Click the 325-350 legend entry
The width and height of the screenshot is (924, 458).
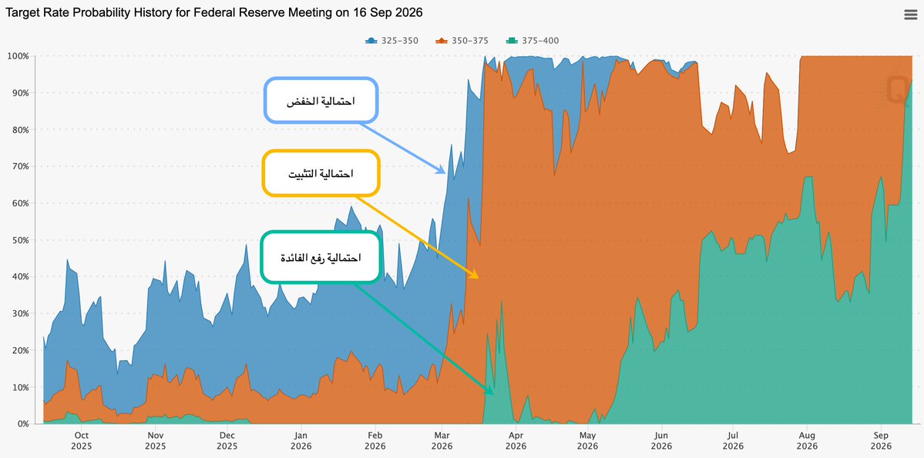click(x=392, y=41)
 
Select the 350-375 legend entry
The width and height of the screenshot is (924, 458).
click(x=462, y=41)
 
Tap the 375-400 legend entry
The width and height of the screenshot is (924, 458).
click(x=532, y=41)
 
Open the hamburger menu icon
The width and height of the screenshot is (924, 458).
click(x=910, y=15)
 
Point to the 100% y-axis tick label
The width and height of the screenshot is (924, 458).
click(x=18, y=56)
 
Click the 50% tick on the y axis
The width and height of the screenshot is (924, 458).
click(x=21, y=239)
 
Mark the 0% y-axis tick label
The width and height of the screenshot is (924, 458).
click(x=23, y=424)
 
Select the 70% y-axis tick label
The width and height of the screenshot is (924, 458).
click(x=21, y=166)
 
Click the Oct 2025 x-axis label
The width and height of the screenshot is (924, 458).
click(x=81, y=441)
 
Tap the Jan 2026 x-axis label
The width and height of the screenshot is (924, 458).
click(x=301, y=441)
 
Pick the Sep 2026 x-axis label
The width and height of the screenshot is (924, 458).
click(x=881, y=441)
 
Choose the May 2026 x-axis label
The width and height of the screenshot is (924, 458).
click(x=587, y=441)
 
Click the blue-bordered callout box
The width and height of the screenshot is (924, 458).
click(x=320, y=101)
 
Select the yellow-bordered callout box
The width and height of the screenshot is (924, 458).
click(x=321, y=173)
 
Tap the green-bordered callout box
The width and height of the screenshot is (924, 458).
click(x=321, y=257)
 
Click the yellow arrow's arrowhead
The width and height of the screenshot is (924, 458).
click(x=476, y=276)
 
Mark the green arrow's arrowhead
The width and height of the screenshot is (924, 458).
click(x=490, y=392)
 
